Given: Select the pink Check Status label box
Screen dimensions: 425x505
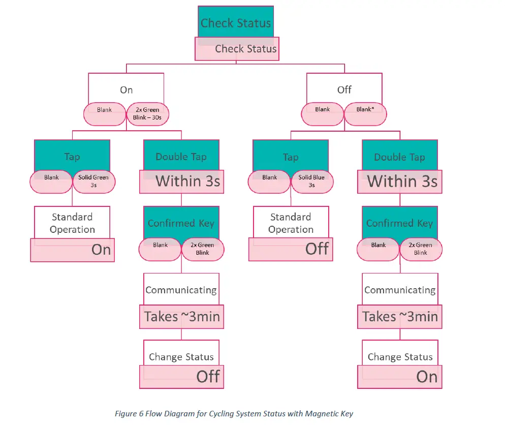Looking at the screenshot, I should point(237,49).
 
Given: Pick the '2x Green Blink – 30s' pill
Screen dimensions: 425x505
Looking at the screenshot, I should point(147,114).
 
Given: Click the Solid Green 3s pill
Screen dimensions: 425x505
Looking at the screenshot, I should point(94,181).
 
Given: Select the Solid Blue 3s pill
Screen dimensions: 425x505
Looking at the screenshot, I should point(312,181).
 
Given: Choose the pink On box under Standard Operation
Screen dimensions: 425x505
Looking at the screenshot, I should point(72,250).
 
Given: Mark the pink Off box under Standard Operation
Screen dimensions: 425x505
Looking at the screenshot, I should point(291,249).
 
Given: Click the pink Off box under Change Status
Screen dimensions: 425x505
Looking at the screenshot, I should point(181,376).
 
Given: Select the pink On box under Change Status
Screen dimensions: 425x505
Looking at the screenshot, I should point(399,377).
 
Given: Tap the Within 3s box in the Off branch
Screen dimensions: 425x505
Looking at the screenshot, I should point(400,181).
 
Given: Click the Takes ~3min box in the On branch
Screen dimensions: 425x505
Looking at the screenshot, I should point(181,317).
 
